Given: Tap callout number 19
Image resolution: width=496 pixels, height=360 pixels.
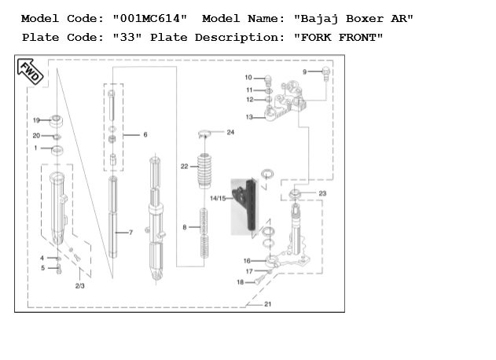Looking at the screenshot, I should tap(36, 120).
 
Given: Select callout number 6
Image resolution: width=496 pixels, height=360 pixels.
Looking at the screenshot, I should tap(145, 135).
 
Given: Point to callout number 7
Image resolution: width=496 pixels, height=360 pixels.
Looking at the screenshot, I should tap(130, 233).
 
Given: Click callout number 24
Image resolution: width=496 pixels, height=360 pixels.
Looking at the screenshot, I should tap(230, 132).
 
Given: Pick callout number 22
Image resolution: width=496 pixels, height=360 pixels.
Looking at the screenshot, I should tap(184, 167).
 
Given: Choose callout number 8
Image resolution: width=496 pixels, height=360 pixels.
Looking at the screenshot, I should tap(186, 227).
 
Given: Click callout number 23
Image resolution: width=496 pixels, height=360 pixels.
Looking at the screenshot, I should tap(322, 193).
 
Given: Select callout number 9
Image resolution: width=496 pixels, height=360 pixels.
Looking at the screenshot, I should tap(305, 72).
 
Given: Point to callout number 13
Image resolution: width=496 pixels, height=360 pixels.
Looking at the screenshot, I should tap(248, 117).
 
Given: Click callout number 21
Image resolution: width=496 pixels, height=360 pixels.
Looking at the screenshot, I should tap(267, 303).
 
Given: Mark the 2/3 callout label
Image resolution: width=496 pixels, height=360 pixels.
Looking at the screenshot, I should tap(80, 286).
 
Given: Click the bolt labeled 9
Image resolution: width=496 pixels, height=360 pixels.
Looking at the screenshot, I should tap(325, 73).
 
